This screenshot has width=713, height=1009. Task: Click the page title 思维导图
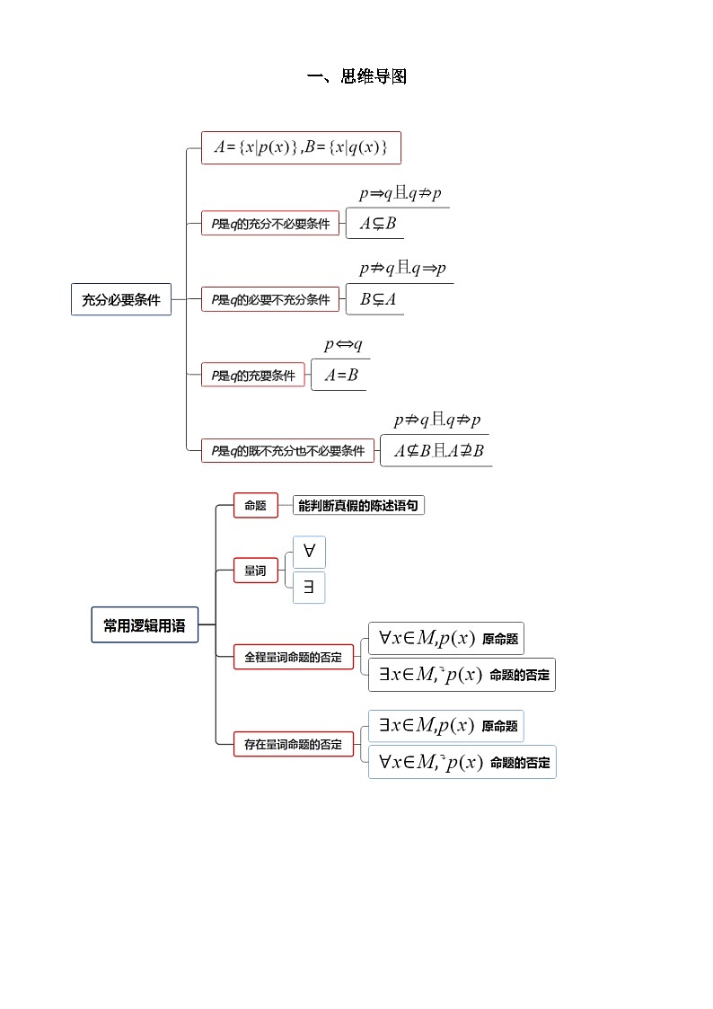tap(357, 77)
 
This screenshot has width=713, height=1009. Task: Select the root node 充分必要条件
tap(120, 300)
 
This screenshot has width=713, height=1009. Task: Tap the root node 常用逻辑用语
tap(144, 625)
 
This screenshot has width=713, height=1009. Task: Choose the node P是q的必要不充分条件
tap(270, 300)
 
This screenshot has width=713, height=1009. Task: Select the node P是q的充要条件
tap(253, 376)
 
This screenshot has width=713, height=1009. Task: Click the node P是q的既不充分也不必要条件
tap(288, 451)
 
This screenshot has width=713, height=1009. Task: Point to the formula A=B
tap(341, 375)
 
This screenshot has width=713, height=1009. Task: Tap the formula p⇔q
tap(343, 345)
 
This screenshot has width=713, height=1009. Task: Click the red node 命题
tap(255, 505)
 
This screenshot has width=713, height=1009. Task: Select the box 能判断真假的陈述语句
tap(358, 505)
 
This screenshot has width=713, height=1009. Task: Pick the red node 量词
tap(255, 570)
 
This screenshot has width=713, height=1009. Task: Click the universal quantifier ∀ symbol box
tap(309, 552)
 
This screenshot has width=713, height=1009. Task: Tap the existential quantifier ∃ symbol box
tap(309, 588)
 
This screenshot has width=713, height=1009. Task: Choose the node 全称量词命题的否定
tap(293, 657)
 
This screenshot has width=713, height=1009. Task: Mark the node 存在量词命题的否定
tap(293, 744)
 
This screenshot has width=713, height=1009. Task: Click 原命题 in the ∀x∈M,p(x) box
tap(500, 639)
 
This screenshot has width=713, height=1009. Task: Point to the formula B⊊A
tap(377, 299)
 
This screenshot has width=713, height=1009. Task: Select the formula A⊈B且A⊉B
tap(438, 450)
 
